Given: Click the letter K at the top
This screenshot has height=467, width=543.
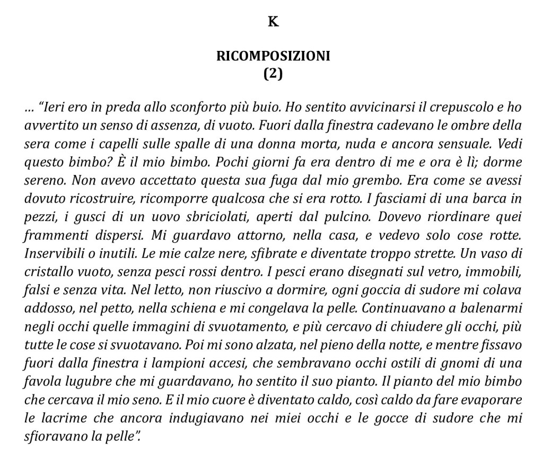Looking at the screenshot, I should click(273, 22).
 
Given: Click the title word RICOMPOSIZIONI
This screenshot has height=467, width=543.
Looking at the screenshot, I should click(273, 56).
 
